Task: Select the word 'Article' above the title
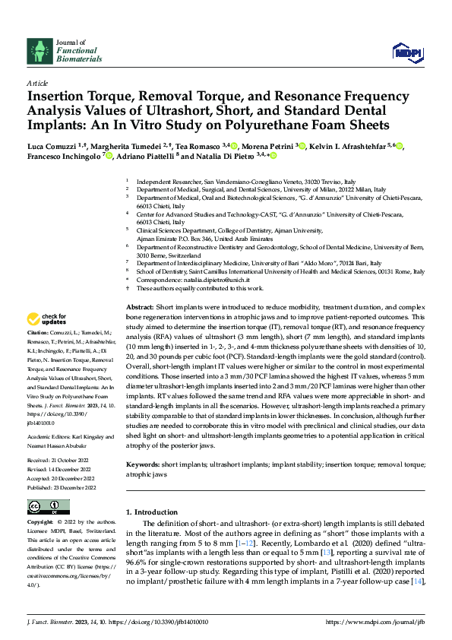click(37, 83)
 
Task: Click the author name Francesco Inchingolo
click(64, 156)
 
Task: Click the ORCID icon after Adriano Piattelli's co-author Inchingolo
click(109, 156)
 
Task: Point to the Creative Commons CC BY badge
click(48, 506)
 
